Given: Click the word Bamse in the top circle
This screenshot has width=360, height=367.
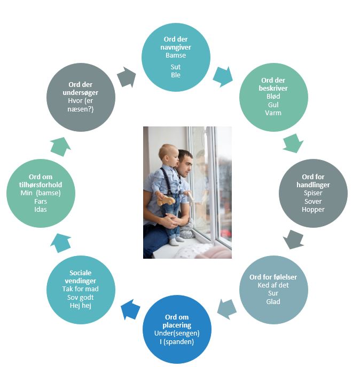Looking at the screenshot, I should [176, 55].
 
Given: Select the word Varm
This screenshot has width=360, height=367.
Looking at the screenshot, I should [273, 113].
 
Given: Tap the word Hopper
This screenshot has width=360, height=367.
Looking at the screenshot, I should [313, 209].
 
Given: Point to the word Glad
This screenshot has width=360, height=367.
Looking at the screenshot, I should [273, 301].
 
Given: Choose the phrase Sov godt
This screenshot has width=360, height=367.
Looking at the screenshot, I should [81, 297].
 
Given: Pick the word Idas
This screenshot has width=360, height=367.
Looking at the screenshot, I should [41, 209].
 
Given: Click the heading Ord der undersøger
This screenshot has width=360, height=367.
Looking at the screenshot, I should [81, 88].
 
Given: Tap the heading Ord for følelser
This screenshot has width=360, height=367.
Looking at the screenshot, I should [273, 277].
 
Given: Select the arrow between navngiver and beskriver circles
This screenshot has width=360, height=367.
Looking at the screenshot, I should [222, 77].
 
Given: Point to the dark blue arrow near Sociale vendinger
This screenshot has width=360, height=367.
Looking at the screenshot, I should [130, 308].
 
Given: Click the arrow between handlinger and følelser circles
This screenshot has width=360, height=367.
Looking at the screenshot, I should [293, 238].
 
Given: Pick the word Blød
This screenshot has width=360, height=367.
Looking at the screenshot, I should [273, 97].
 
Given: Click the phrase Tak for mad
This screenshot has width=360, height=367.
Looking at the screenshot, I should [81, 289].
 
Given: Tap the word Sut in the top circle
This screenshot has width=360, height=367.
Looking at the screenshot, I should [176, 67].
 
